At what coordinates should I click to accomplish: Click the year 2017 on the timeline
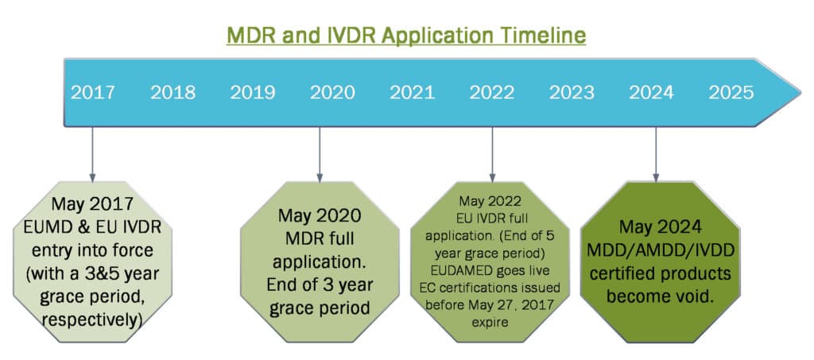(x=93, y=92)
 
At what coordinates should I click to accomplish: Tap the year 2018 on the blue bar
(x=172, y=92)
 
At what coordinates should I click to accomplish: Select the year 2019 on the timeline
(x=253, y=92)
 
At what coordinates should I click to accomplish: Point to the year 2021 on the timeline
(x=413, y=92)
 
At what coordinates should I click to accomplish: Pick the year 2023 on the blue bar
(x=572, y=92)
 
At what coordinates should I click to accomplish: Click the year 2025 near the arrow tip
(x=731, y=92)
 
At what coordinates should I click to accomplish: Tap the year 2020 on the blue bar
(x=332, y=92)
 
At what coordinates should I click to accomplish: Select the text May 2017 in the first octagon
(x=92, y=204)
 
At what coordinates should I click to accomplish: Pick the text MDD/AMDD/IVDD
(x=661, y=250)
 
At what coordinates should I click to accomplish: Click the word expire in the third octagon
(x=490, y=322)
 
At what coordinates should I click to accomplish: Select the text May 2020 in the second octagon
(x=320, y=216)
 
